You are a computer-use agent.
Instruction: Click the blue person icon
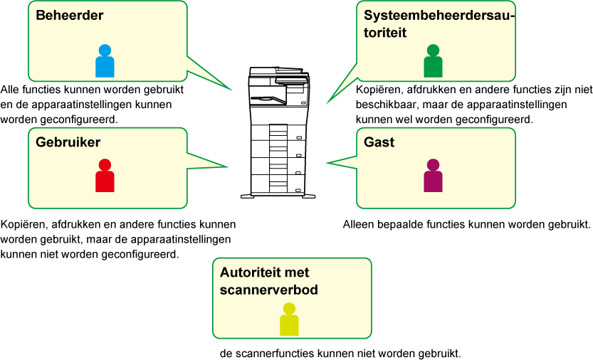click(105, 61)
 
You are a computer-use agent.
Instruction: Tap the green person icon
click(433, 61)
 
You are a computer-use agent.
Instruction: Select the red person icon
click(105, 176)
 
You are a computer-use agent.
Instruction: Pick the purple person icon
click(433, 176)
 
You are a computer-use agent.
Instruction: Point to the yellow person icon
click(289, 319)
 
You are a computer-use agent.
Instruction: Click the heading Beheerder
click(70, 15)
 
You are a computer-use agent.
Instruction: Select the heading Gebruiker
click(68, 142)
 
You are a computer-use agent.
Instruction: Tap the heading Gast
click(379, 142)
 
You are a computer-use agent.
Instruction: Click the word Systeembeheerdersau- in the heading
click(439, 16)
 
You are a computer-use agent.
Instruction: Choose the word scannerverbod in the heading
click(268, 290)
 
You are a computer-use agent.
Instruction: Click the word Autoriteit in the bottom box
click(251, 272)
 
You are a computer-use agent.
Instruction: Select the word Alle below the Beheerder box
click(10, 90)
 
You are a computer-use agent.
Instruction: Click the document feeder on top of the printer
click(276, 71)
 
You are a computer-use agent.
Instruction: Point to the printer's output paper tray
click(268, 99)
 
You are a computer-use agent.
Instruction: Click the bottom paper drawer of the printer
click(278, 184)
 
